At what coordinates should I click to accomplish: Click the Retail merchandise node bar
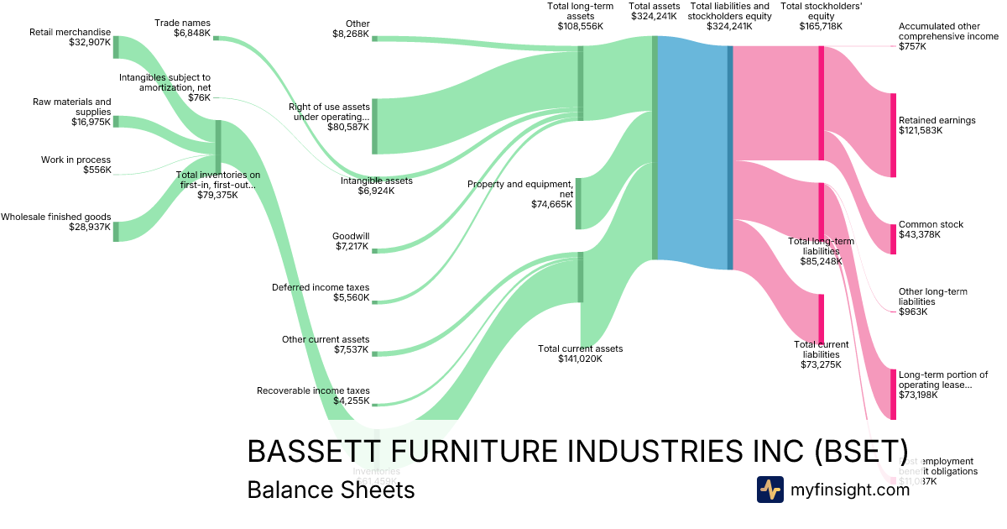pos(116,47)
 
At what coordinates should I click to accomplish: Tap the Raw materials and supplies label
pos(71,107)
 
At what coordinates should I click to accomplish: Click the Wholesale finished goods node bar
pos(116,231)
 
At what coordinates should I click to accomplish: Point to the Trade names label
pos(183,23)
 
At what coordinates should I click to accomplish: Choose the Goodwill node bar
pos(374,250)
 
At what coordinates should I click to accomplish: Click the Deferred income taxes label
pos(321,287)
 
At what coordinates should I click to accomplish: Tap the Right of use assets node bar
pos(374,126)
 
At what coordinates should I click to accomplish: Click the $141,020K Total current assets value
pos(580,359)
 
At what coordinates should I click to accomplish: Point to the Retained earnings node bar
pos(893,135)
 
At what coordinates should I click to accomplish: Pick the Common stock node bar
pos(893,239)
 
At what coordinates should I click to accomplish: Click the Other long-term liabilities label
pos(932,296)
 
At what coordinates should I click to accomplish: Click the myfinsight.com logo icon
pos(770,490)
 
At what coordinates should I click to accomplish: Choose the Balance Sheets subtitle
pos(331,490)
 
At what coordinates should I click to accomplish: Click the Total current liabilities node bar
pos(821,319)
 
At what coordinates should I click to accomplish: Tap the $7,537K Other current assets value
pos(351,349)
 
